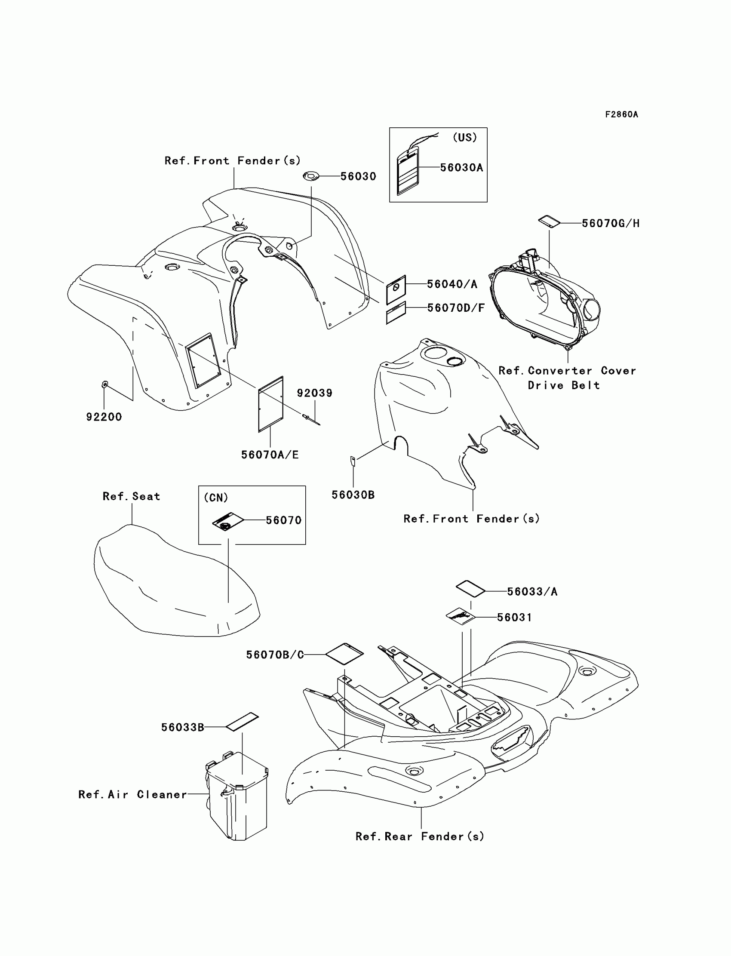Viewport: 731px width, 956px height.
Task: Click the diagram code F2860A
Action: (621, 114)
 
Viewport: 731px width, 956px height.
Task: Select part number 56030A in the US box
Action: (461, 168)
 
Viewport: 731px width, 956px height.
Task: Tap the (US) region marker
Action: (465, 138)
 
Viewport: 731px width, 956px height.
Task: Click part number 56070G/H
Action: (611, 223)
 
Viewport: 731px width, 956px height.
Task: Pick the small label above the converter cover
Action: (549, 221)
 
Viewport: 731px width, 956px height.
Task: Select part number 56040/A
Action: (451, 284)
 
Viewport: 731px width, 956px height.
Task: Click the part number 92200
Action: (104, 417)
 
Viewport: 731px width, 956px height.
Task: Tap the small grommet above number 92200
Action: (104, 384)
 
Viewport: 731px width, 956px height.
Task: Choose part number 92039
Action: (315, 393)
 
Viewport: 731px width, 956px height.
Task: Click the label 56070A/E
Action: (270, 455)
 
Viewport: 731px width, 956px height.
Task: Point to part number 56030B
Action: (353, 495)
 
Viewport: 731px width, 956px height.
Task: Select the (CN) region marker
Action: (216, 498)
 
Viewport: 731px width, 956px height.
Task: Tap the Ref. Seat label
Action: (132, 497)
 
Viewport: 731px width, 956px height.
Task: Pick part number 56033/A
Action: (532, 591)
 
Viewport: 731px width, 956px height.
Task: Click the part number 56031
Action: (514, 617)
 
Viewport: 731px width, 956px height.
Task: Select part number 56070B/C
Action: (275, 655)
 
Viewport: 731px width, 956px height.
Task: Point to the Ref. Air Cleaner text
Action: (133, 794)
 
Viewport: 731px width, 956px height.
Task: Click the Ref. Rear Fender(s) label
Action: (420, 836)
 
